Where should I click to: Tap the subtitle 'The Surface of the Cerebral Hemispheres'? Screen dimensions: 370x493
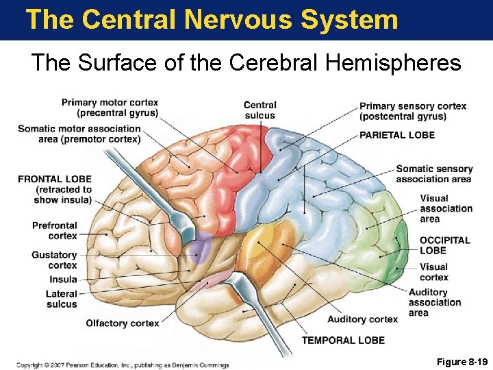click(246, 63)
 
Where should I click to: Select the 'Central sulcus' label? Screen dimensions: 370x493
click(260, 110)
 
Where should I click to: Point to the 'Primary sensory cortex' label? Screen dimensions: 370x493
click(412, 110)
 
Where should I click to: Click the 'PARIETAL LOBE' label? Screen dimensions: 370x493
click(396, 135)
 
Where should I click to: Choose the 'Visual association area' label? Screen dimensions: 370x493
click(446, 208)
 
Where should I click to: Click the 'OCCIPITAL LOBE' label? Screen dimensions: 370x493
click(444, 245)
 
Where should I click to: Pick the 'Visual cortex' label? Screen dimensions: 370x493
click(434, 272)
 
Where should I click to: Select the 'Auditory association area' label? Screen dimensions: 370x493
click(435, 302)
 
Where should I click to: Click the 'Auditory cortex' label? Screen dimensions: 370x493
click(362, 319)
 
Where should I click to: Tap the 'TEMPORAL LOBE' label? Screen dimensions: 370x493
click(343, 340)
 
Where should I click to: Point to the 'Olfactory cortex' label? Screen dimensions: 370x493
click(122, 323)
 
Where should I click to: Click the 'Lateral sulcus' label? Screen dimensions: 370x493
click(62, 299)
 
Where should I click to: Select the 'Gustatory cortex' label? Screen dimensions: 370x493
click(54, 260)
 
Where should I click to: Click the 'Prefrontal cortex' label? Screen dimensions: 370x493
click(54, 230)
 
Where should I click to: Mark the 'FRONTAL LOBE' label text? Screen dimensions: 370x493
click(55, 179)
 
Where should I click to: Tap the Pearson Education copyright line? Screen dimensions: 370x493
click(123, 365)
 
